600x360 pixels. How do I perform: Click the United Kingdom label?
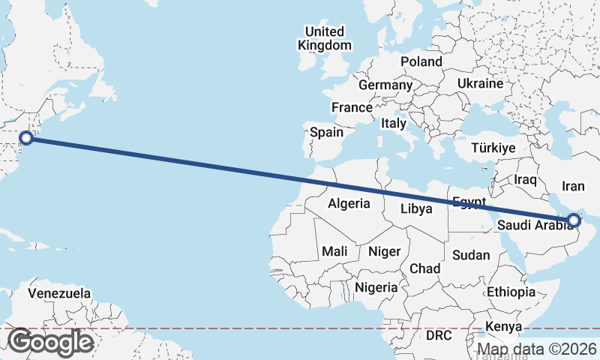click(324, 38)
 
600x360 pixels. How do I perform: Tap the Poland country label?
click(421, 61)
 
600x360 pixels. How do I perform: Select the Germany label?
click(385, 85)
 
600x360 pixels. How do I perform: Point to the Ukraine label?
click(480, 83)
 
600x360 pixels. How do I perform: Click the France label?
click(352, 107)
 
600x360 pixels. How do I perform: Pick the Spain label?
click(327, 133)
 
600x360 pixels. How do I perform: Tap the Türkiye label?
click(493, 148)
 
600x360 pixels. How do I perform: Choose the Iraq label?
click(526, 180)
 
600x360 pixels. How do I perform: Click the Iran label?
click(573, 186)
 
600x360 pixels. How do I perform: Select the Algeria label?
click(349, 203)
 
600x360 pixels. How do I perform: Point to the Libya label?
click(416, 208)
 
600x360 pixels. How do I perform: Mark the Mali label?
click(334, 251)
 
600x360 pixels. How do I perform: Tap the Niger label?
click(384, 251)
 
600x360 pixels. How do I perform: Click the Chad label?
click(424, 268)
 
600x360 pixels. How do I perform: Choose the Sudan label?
click(471, 255)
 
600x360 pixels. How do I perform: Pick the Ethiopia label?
click(511, 292)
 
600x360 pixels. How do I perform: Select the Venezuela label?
click(59, 292)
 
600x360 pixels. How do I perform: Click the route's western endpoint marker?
click(26, 137)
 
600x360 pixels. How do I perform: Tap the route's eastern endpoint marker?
click(574, 220)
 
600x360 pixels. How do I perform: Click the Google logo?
click(50, 342)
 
